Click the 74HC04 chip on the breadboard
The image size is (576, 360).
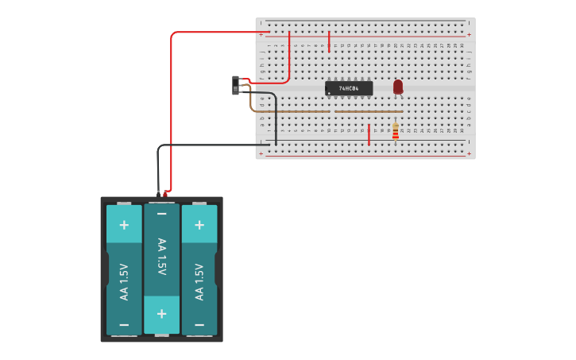[349, 88]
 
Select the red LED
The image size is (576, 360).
[398, 86]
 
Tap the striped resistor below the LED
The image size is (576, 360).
[395, 131]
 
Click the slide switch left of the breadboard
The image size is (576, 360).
[236, 85]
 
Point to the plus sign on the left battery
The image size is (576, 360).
[124, 225]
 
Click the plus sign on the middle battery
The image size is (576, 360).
[162, 313]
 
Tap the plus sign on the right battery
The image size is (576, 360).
[199, 225]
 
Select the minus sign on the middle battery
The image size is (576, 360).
[162, 214]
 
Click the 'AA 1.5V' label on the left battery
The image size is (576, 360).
[124, 282]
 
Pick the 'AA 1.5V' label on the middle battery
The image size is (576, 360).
[162, 257]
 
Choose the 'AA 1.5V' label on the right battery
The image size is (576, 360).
[199, 282]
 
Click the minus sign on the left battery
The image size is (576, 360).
[124, 325]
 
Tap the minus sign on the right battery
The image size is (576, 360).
[199, 325]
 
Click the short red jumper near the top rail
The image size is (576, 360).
[329, 41]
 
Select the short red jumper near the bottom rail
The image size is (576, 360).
[369, 135]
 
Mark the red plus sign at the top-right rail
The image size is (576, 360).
[469, 34]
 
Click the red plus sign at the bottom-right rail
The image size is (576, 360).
[469, 154]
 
